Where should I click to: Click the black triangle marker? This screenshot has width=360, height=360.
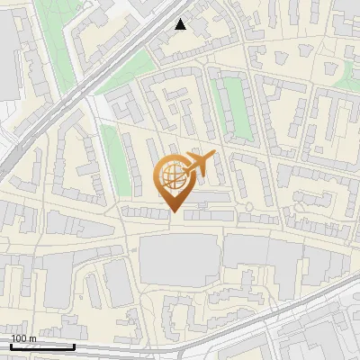pyautogui.click(x=181, y=24)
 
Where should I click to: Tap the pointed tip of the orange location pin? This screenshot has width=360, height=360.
pyautogui.click(x=173, y=211)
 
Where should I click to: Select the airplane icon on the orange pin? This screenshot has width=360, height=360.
pyautogui.click(x=199, y=164)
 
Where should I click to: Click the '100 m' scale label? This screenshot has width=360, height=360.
pyautogui.click(x=23, y=338)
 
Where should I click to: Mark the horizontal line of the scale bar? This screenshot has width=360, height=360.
pyautogui.click(x=42, y=346)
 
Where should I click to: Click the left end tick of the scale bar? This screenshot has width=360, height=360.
pyautogui.click(x=11, y=345)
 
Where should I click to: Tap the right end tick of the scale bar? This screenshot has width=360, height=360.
pyautogui.click(x=74, y=345)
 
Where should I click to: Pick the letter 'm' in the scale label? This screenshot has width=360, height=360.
pyautogui.click(x=32, y=338)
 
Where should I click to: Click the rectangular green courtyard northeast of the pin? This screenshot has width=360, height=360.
pyautogui.click(x=233, y=108)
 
